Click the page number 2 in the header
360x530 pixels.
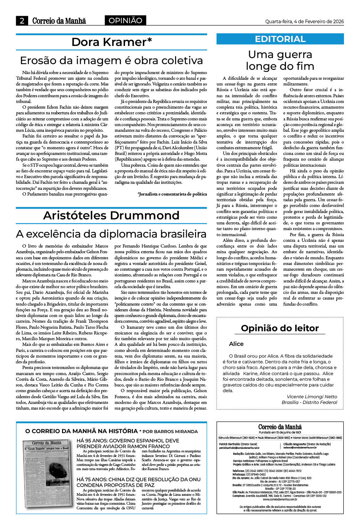[x=22, y=21]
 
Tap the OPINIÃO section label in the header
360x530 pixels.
[x=125, y=21]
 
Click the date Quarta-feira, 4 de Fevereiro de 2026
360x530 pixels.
[x=304, y=21]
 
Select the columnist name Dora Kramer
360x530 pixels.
[x=112, y=42]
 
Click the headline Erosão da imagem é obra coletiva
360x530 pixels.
[x=111, y=60]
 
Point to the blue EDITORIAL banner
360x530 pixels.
[x=280, y=39]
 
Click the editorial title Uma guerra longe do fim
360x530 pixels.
[x=280, y=60]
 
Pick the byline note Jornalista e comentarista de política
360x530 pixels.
[x=172, y=194]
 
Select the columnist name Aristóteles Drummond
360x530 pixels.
[x=111, y=215]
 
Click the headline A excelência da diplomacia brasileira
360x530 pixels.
[x=111, y=234]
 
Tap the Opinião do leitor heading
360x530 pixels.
[x=279, y=328]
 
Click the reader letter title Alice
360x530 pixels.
[x=236, y=344]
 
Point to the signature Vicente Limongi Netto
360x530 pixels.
[x=312, y=396]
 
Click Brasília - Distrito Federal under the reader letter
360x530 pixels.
[x=309, y=402]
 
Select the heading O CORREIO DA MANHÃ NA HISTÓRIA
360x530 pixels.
[x=81, y=431]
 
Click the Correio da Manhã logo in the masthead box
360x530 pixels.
[x=280, y=427]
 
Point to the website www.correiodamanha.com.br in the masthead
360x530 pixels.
[x=280, y=499]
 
